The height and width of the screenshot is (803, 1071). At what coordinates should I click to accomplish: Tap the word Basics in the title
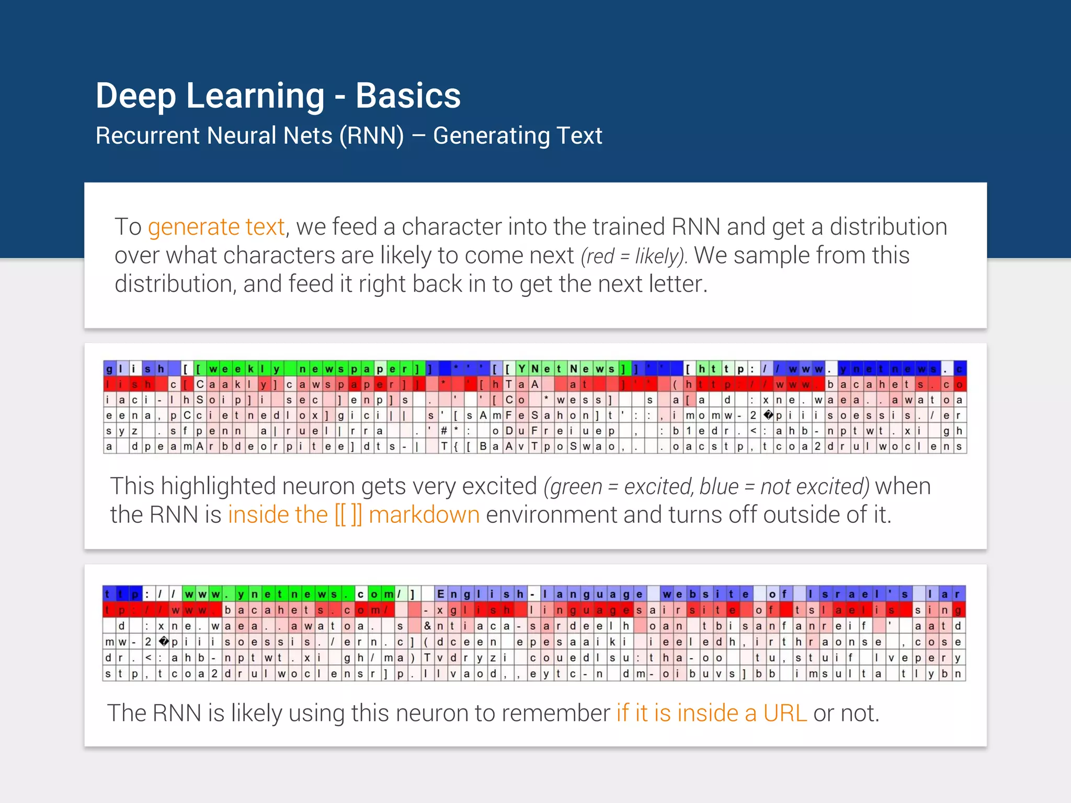pos(408,96)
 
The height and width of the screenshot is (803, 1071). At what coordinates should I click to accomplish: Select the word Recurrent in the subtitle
pos(147,136)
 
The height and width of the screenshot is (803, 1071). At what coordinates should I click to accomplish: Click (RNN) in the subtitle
pos(371,136)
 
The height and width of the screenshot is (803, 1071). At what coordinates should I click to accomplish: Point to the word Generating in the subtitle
pos(489,136)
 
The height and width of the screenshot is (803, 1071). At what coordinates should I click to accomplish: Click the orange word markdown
pos(424,515)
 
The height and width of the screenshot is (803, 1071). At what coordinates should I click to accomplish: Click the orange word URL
pos(785,713)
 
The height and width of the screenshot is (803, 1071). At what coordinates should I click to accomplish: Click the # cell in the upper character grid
pos(443,431)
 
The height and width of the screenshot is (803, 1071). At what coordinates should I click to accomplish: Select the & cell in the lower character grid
pos(427,626)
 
